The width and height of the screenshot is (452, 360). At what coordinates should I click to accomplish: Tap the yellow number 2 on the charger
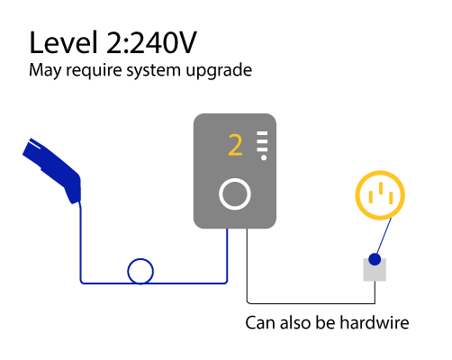(235, 145)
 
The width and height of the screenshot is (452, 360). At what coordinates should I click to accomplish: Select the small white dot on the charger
(264, 157)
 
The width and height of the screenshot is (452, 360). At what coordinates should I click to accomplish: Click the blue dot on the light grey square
(375, 259)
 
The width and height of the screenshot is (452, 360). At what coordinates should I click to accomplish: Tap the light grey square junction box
(375, 270)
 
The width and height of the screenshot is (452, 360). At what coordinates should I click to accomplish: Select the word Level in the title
(63, 42)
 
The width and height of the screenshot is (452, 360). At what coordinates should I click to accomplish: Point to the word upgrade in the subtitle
(219, 71)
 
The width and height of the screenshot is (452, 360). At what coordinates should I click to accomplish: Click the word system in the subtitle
(153, 71)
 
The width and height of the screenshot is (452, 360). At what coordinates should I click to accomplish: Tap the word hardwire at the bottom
(375, 323)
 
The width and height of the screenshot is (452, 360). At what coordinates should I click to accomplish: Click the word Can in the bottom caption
(260, 323)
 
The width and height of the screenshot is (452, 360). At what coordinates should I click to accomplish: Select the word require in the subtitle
(94, 71)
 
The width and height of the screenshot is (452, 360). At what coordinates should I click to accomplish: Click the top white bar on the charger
(262, 133)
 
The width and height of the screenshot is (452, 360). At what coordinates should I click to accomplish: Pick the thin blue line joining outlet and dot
(384, 236)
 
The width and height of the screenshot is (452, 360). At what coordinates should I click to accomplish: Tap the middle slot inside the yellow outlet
(381, 188)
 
